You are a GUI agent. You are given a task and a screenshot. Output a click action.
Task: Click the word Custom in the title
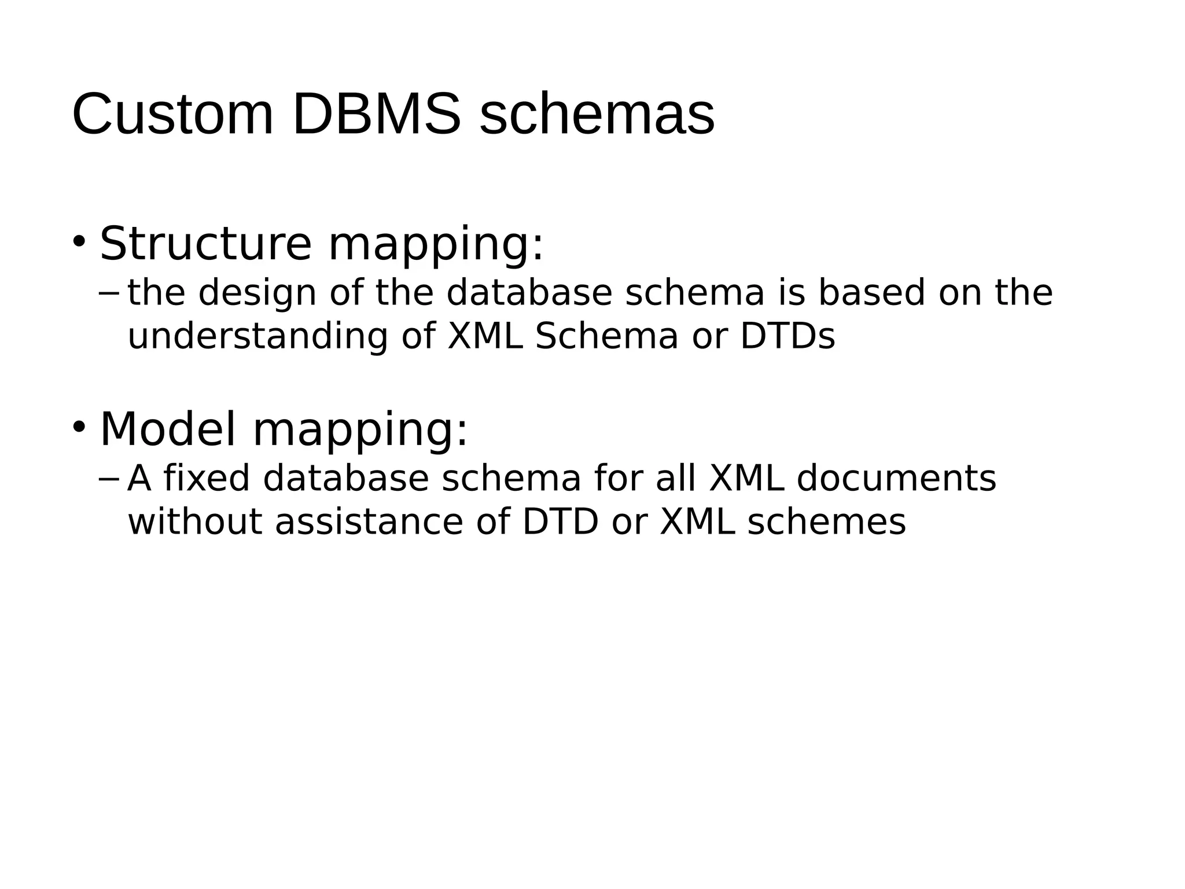[x=172, y=115]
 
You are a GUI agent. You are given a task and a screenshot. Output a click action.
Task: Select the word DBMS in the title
[x=377, y=115]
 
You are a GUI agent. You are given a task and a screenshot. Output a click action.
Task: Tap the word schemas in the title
[x=597, y=115]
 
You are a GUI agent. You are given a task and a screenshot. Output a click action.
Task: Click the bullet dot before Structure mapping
[x=79, y=240]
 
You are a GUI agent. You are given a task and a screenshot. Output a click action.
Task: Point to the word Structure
[x=205, y=244]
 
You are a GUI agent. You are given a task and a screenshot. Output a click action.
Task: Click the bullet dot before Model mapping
[x=79, y=427]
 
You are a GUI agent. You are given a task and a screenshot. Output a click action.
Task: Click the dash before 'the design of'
[x=109, y=292]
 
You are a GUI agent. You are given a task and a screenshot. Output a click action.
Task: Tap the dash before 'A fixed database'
[x=109, y=479]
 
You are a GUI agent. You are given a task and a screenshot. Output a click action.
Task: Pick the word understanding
[x=257, y=336]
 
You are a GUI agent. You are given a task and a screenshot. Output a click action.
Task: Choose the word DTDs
[x=787, y=336]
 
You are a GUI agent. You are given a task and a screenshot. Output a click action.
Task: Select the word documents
[x=896, y=479]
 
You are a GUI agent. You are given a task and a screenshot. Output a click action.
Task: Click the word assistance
[x=369, y=521]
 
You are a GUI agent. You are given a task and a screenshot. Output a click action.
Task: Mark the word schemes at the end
[x=827, y=521]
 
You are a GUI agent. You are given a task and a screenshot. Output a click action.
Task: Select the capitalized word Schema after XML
[x=606, y=336]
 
